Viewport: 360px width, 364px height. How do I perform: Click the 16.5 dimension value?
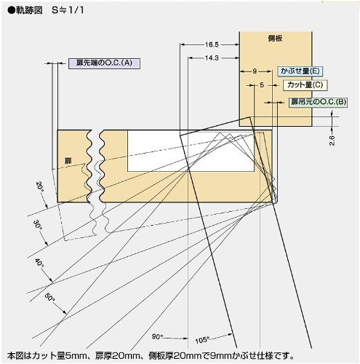[212, 44]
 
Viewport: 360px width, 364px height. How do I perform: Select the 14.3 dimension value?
[212, 58]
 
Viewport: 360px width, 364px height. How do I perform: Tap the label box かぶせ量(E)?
[300, 71]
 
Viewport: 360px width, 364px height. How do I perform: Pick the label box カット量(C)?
[305, 85]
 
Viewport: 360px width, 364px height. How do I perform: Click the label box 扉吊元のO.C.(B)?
[319, 102]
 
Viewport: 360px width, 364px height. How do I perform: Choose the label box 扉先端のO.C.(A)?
[104, 63]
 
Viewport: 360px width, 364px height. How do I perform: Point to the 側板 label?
[275, 39]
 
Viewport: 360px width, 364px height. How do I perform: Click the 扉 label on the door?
[68, 161]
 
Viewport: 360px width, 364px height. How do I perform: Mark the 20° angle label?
[40, 187]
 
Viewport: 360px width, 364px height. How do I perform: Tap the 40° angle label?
[39, 264]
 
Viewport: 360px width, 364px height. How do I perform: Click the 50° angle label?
[50, 297]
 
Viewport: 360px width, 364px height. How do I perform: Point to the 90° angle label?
[157, 336]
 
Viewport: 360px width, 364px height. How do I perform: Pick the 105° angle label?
[202, 340]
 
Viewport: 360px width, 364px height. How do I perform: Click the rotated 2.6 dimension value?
[332, 141]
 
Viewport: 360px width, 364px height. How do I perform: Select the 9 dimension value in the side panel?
[255, 71]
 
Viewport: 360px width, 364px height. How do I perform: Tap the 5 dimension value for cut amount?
[262, 85]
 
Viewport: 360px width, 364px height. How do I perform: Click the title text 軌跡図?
[29, 10]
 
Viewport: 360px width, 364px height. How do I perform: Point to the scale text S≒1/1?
[68, 10]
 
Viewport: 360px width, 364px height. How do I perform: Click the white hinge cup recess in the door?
[191, 151]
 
